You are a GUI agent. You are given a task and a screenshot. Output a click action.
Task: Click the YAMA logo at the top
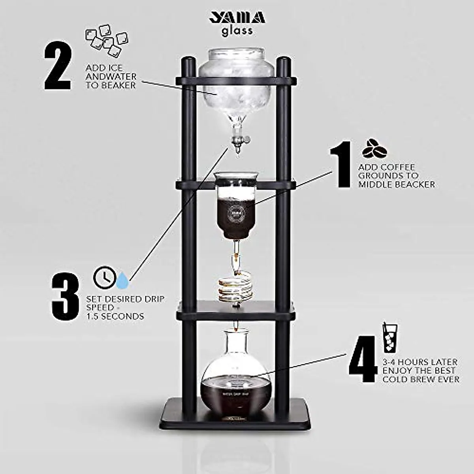pyautogui.click(x=237, y=18)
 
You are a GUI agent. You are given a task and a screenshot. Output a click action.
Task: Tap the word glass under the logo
pyautogui.click(x=237, y=31)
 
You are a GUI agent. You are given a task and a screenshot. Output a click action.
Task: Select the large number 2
pyautogui.click(x=58, y=67)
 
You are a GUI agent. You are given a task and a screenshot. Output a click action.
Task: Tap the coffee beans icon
pyautogui.click(x=374, y=148)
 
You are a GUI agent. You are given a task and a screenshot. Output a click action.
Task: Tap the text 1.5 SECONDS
pyautogui.click(x=115, y=316)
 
